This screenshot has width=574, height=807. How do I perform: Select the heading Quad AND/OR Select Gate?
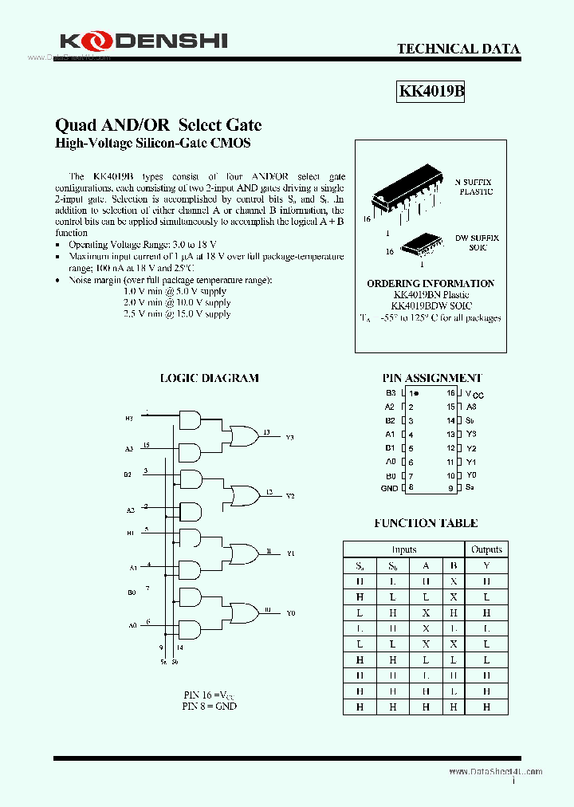[158, 125]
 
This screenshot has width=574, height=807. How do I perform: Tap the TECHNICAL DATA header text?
[458, 49]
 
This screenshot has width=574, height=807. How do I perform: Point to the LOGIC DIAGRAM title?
[210, 378]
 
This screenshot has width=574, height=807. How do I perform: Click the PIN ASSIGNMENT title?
[432, 378]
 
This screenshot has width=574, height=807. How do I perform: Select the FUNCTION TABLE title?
[426, 523]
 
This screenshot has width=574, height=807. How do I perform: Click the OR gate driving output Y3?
[240, 435]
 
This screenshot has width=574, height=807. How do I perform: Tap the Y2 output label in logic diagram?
[289, 496]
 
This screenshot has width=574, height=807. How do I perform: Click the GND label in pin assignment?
[389, 488]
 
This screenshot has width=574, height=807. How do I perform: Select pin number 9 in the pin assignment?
[450, 488]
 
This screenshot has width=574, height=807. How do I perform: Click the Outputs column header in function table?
[486, 549]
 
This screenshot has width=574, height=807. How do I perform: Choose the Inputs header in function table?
[404, 549]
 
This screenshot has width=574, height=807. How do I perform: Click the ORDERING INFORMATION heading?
[431, 283]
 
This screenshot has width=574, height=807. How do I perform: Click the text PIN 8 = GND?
[209, 706]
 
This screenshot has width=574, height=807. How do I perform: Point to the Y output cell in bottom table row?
[486, 707]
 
